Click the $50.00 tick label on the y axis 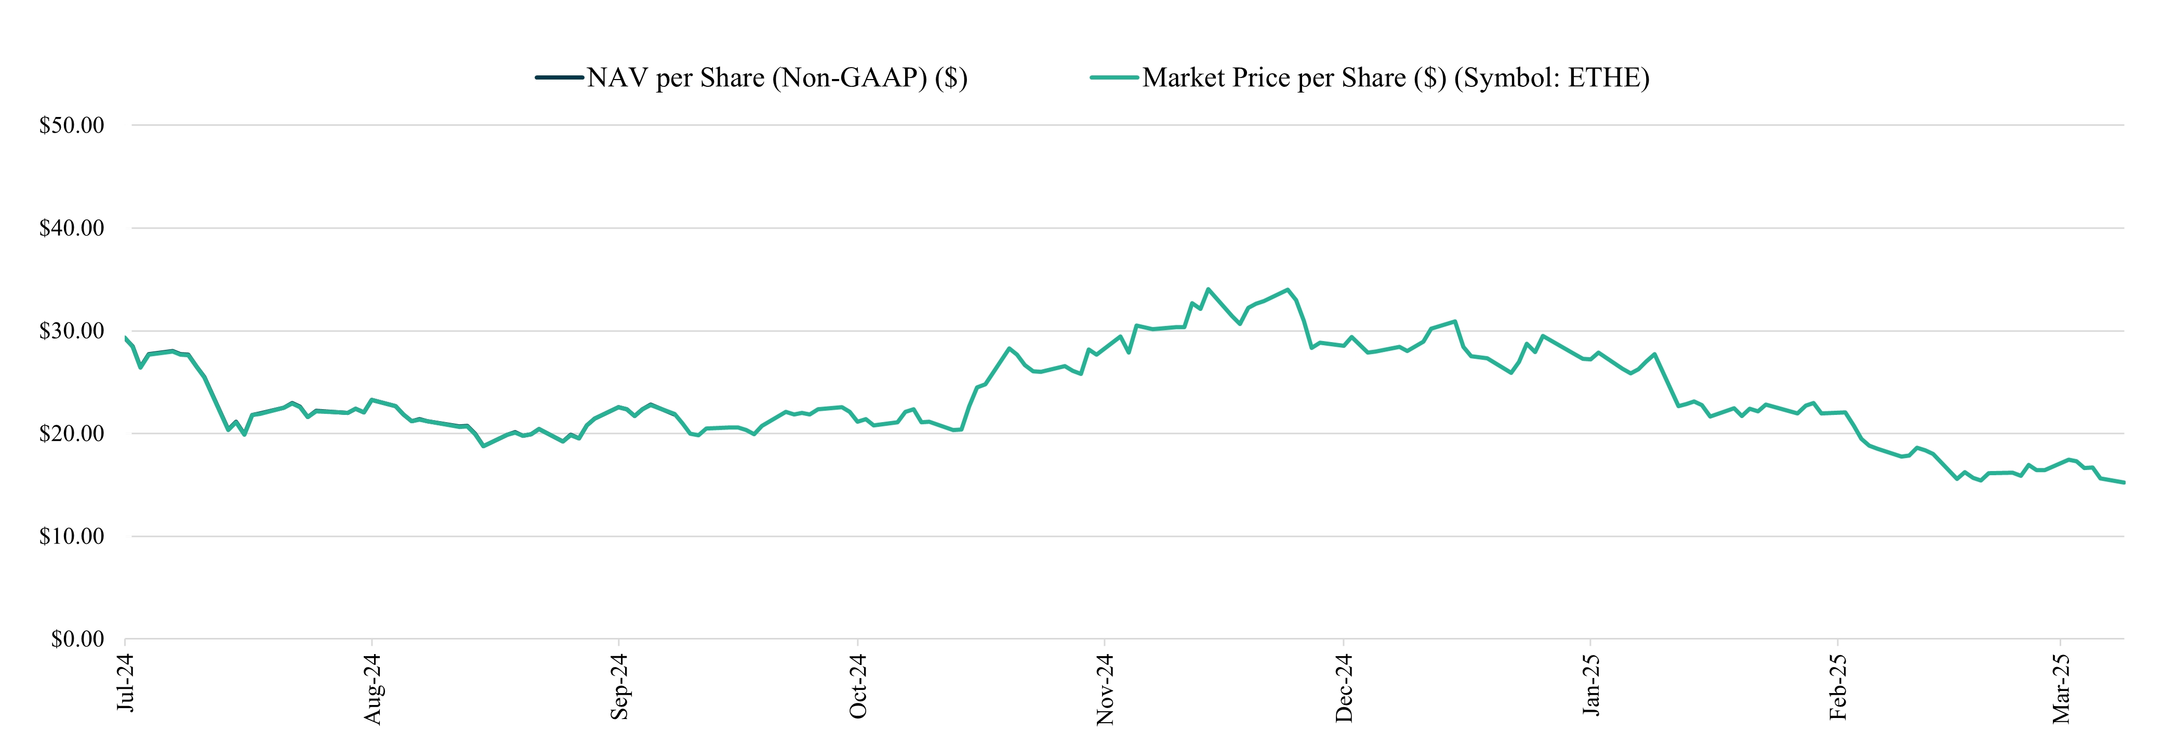point(72,125)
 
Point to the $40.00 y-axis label point(72,228)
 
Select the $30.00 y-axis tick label point(72,331)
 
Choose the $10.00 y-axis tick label point(72,536)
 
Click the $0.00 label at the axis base point(78,639)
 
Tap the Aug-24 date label point(373,688)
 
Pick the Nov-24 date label point(1105,689)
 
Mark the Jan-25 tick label point(1591,684)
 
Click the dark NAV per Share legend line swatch point(559,77)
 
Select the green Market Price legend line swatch point(1115,77)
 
